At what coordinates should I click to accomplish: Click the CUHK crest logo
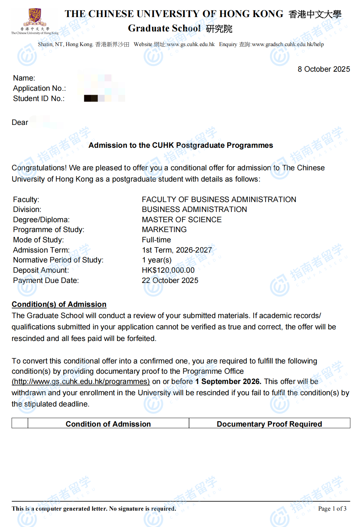pos(35,17)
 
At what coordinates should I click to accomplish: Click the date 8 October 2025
pos(323,69)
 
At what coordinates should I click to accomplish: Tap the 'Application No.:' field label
pos(39,88)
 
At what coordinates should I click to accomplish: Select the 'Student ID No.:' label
pos(39,99)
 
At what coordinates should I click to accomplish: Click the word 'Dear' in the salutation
pos(20,123)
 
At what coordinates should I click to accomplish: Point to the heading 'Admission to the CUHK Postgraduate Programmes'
pos(180,145)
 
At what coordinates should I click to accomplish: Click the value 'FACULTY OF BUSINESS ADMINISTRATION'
pos(219,200)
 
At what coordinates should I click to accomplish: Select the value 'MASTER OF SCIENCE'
pos(181,220)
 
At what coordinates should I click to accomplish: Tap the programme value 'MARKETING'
pos(164,230)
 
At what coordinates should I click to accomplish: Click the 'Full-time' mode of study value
pos(156,240)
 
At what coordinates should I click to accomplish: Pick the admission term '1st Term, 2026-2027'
pos(177,250)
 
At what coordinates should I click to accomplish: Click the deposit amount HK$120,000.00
pos(168,270)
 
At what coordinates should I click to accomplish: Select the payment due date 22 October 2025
pos(170,281)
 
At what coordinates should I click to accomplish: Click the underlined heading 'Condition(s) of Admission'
pos(59,304)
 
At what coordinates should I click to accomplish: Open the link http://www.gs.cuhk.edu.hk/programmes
pos(81,382)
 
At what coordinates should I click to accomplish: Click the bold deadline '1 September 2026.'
pos(228,382)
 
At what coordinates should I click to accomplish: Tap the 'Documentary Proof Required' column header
pos(269,424)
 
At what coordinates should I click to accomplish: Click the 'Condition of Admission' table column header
pos(108,424)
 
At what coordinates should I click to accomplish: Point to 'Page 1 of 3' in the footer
pos(332,509)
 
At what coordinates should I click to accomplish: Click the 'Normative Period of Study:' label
pos(58,260)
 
